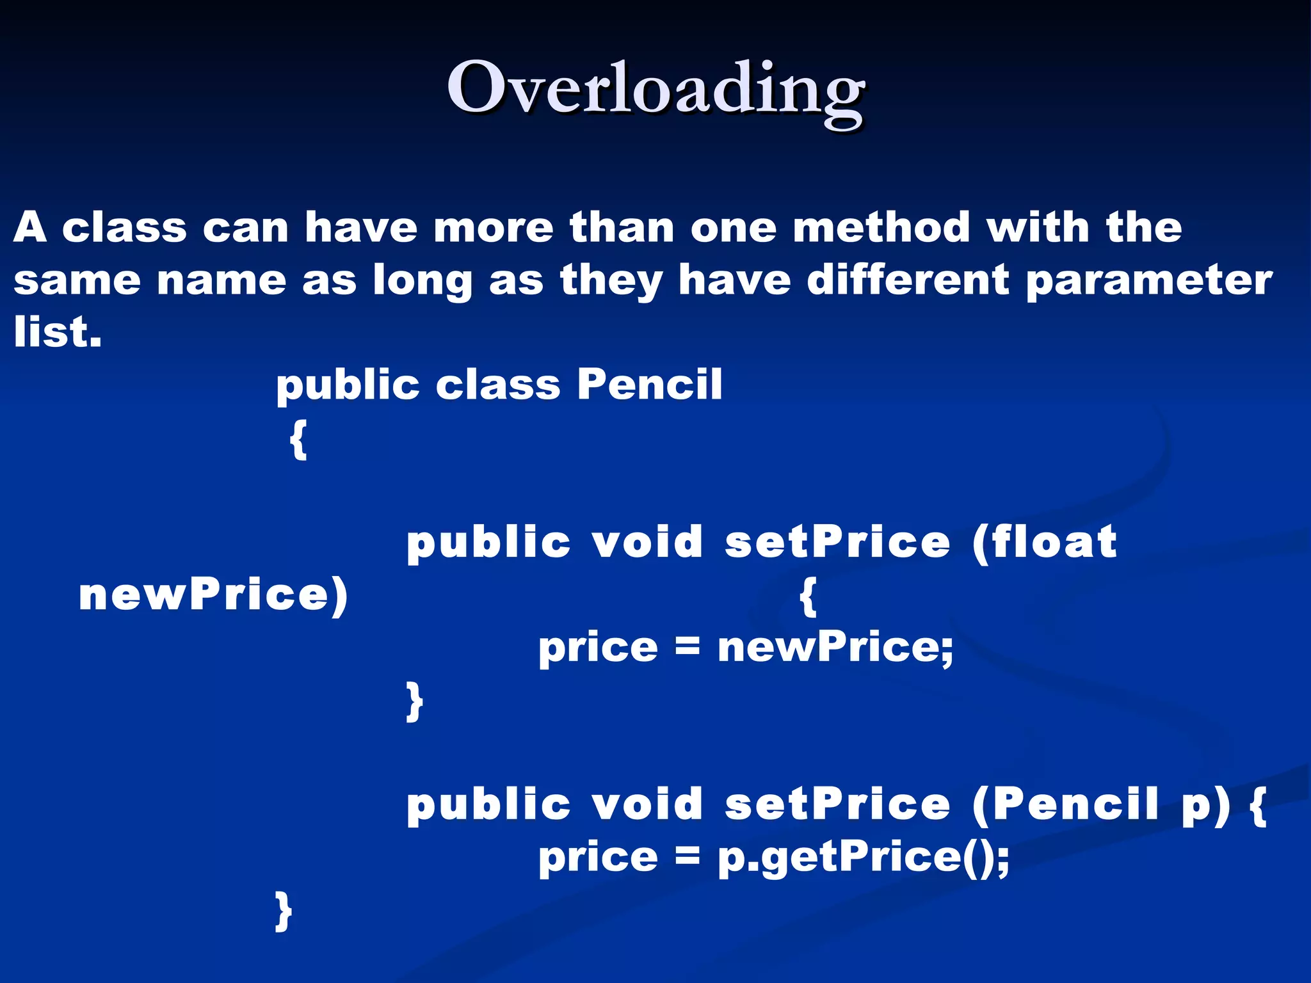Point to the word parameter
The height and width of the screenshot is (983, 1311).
point(1149,282)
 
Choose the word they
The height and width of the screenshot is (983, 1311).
point(611,282)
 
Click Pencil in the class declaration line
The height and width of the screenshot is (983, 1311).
point(649,385)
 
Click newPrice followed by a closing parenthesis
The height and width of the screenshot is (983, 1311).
point(213,595)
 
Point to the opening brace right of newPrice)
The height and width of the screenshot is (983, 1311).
point(808,596)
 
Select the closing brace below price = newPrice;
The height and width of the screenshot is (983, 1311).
point(415,701)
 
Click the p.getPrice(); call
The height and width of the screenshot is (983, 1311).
point(863,857)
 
